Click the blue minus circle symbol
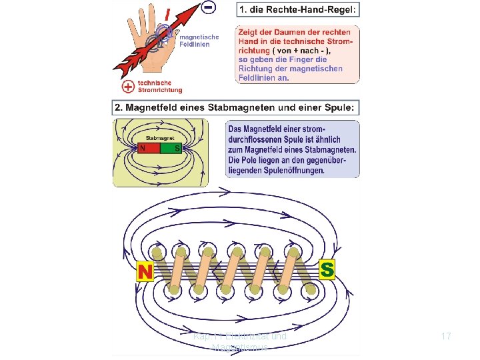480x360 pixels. pos(209,8)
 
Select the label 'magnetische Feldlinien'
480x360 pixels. pos(193,41)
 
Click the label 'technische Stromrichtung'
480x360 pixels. pos(159,87)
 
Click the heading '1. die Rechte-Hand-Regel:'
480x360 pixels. pos(297,10)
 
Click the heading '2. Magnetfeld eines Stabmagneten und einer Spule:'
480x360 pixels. pos(237,108)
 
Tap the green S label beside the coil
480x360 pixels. pos(327,269)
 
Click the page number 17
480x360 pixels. pos(445,337)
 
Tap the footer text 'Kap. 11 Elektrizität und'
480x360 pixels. pos(239,336)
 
